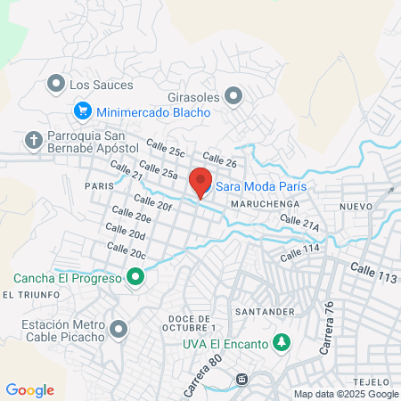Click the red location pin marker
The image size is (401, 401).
pos(200,181)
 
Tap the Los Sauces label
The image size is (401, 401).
pos(101,86)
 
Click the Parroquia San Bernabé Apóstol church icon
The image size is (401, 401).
pos(34,140)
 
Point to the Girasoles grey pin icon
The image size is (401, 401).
pos(233,94)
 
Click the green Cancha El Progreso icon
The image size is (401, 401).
pos(135,278)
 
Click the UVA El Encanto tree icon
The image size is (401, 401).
pos(282,341)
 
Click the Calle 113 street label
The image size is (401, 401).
pos(373,273)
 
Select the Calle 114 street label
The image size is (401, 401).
pos(299,253)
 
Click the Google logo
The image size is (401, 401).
pos(30,389)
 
